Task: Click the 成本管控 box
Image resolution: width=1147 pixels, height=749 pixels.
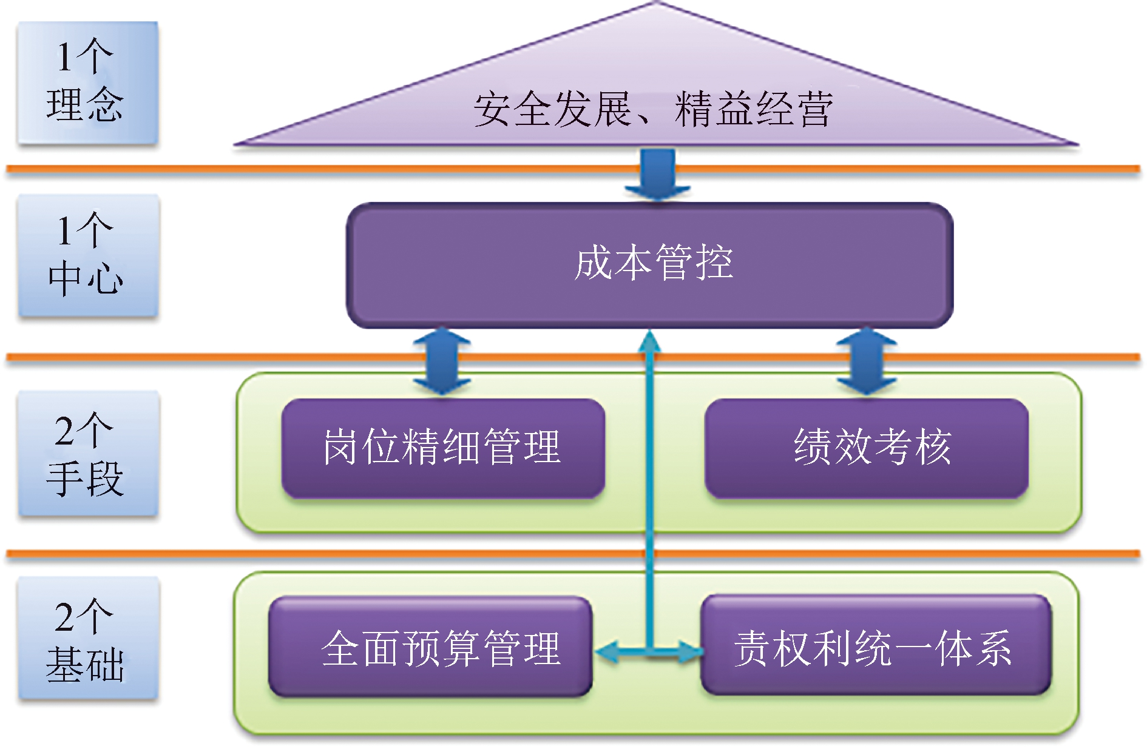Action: pos(649,265)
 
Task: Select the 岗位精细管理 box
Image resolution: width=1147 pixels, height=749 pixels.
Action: pos(442,448)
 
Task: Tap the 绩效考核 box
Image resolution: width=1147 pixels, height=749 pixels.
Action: pos(866,448)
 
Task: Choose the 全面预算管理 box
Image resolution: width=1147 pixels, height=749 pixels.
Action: pos(430,647)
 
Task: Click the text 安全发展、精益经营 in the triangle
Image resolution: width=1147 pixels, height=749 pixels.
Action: pos(653,110)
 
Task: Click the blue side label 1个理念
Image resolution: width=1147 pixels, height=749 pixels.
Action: pos(87,82)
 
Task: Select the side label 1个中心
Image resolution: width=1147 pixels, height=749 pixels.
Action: pos(87,255)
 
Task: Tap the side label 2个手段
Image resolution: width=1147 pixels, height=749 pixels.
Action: pos(87,454)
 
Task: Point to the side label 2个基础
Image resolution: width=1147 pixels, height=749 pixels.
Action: pos(87,639)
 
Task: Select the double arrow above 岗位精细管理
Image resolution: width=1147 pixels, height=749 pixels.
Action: pos(442,361)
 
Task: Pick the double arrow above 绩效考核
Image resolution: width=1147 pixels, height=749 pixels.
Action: pos(866,361)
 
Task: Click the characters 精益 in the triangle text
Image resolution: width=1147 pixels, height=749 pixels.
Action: pos(714,110)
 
